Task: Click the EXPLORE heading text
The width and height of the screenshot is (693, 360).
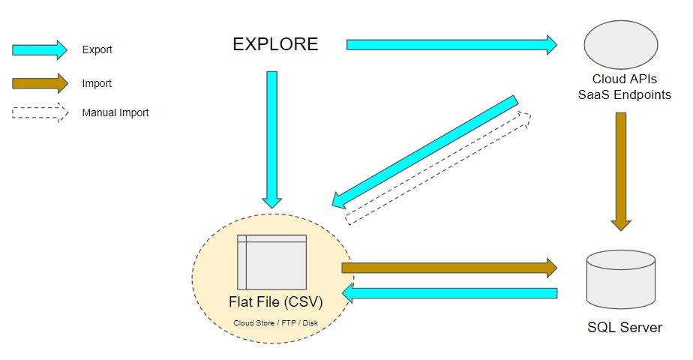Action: click(275, 44)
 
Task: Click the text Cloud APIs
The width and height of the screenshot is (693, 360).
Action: click(620, 79)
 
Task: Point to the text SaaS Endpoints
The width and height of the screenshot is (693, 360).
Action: click(620, 93)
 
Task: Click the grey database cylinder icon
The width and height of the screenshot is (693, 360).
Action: click(620, 282)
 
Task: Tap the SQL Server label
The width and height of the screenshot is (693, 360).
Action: click(625, 328)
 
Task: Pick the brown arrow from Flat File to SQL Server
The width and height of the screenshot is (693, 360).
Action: click(449, 268)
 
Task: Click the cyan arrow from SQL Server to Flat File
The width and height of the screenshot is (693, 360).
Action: click(449, 293)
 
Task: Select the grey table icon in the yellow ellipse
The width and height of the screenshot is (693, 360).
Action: click(271, 262)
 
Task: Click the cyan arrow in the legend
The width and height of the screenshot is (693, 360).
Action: click(40, 50)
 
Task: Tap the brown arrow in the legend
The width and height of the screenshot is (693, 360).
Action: click(40, 83)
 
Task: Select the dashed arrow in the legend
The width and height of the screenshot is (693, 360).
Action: click(40, 113)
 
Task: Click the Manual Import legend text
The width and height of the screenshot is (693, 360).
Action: click(115, 113)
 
